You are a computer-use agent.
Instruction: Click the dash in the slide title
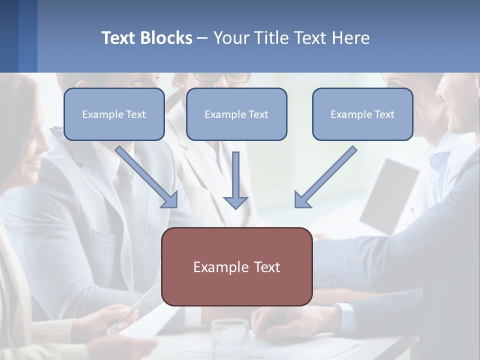[202, 38]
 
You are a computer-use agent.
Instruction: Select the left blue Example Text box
[114, 114]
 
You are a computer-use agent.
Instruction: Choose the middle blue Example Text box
[236, 114]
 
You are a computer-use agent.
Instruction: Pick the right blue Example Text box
[362, 114]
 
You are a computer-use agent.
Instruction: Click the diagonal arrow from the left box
[147, 177]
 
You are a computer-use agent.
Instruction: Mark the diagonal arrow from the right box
[325, 177]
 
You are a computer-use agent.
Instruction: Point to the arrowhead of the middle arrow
[235, 202]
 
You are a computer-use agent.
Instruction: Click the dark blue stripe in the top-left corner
[9, 36]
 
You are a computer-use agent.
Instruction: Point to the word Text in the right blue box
[384, 114]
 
